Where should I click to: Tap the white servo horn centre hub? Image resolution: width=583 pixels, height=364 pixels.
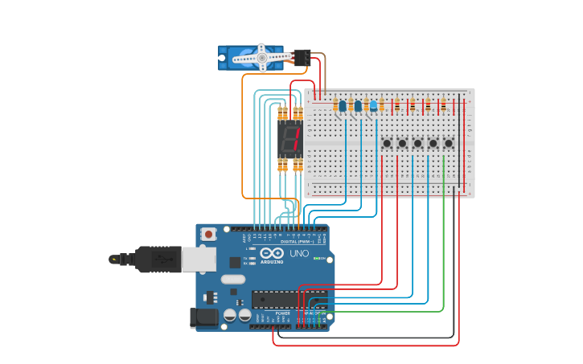pyautogui.click(x=261, y=57)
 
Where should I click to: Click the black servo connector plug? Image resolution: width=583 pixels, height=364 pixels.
pyautogui.click(x=302, y=57)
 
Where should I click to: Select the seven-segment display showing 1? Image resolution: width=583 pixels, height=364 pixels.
pyautogui.click(x=289, y=141)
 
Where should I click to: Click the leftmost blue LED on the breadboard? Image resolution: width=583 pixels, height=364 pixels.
pyautogui.click(x=343, y=105)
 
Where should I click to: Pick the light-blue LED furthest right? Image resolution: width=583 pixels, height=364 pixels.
pyautogui.click(x=373, y=105)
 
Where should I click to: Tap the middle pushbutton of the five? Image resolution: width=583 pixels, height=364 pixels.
pyautogui.click(x=417, y=143)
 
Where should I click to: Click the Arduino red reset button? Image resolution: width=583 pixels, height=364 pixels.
pyautogui.click(x=209, y=235)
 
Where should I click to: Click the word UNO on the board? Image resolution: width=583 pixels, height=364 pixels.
pyautogui.click(x=298, y=254)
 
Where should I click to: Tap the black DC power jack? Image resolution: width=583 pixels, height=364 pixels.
pyautogui.click(x=204, y=317)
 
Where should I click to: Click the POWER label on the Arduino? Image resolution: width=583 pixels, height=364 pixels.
pyautogui.click(x=272, y=313)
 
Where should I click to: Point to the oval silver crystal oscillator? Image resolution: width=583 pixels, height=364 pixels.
pyautogui.click(x=232, y=280)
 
